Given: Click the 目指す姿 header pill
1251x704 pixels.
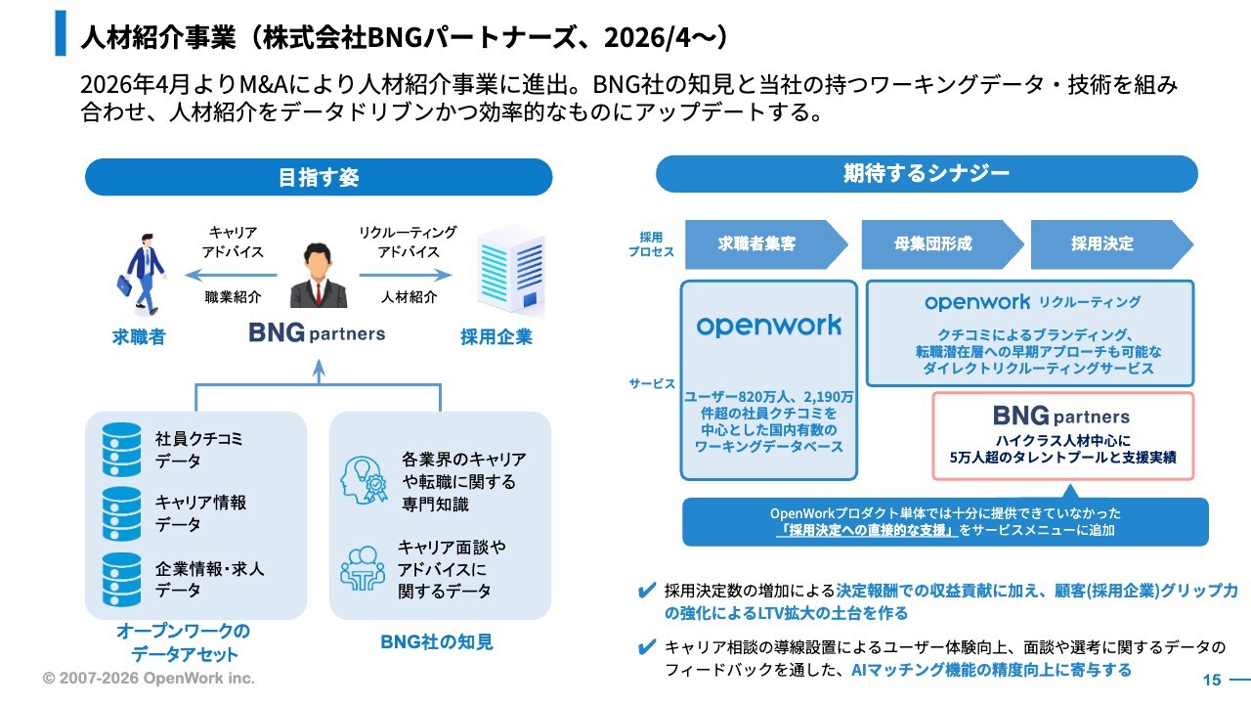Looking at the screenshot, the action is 319,177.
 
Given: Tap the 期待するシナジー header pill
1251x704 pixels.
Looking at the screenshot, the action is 927,174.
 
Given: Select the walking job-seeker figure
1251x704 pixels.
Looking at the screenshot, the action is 143,274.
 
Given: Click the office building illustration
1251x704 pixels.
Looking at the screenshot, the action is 511,271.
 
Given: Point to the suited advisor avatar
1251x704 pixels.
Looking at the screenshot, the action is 319,275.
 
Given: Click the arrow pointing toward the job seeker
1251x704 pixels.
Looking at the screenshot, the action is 231,275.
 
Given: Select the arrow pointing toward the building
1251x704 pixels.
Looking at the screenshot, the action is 406,275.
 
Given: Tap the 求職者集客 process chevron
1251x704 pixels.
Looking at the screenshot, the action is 766,244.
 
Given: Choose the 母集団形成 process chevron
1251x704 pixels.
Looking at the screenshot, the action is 942,244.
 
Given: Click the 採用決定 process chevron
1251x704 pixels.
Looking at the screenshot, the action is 1111,244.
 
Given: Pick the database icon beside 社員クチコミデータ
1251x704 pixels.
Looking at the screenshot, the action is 122,450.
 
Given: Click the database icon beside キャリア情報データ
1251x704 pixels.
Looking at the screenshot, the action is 122,514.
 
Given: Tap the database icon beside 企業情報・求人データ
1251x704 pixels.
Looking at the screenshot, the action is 122,580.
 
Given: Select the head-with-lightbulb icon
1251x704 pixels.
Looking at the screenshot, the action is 364,480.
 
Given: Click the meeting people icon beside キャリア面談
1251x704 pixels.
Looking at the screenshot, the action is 363,569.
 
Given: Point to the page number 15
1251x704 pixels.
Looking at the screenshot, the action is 1211,680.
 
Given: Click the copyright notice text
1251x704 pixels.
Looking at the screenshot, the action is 149,678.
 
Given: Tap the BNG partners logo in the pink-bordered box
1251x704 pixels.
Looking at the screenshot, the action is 1061,417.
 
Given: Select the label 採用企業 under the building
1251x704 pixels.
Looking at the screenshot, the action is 496,337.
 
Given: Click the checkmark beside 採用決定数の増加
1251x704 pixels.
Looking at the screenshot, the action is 647,591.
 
